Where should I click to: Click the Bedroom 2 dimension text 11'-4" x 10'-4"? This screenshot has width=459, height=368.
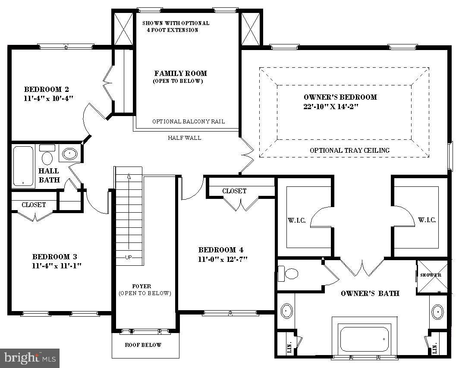tap(49, 98)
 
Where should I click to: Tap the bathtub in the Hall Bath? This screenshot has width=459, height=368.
tap(23, 167)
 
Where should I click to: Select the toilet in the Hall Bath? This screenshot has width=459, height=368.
tap(47, 155)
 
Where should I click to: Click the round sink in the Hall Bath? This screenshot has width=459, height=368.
tap(69, 154)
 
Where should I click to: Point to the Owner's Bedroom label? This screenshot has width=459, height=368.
tap(340, 97)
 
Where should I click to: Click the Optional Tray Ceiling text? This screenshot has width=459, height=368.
tap(349, 150)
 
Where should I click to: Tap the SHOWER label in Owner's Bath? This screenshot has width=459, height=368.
tap(431, 275)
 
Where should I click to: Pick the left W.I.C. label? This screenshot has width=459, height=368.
tap(297, 220)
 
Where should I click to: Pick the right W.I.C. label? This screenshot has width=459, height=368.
tap(427, 220)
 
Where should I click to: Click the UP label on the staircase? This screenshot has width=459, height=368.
tap(129, 257)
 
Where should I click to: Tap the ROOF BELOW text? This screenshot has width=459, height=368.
tap(143, 345)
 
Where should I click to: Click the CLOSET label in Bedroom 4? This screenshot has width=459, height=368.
tap(234, 191)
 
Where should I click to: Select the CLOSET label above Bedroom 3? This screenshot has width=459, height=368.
tap(34, 205)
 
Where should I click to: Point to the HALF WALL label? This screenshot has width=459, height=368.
tap(185, 138)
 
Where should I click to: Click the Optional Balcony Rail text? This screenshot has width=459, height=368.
tap(189, 122)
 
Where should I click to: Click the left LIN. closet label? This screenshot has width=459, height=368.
tap(289, 347)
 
